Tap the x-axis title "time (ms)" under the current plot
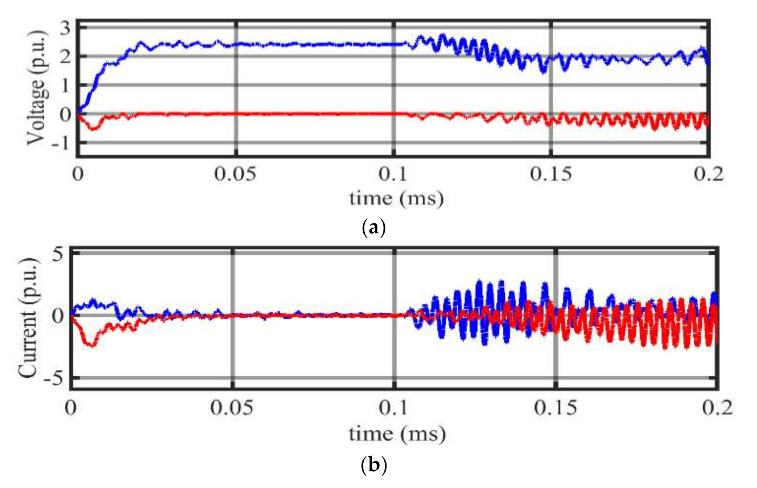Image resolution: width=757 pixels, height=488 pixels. [x=397, y=434]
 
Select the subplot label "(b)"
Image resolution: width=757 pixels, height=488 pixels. [x=373, y=465]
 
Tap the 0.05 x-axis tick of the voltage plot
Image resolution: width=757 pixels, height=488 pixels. [x=235, y=174]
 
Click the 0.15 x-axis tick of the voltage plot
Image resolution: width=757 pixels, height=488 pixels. [x=551, y=174]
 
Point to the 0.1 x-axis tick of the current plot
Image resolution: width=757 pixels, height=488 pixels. [x=393, y=408]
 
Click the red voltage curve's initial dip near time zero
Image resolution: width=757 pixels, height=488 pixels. [x=93, y=129]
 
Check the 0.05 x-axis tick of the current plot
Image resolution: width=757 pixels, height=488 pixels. [x=232, y=408]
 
